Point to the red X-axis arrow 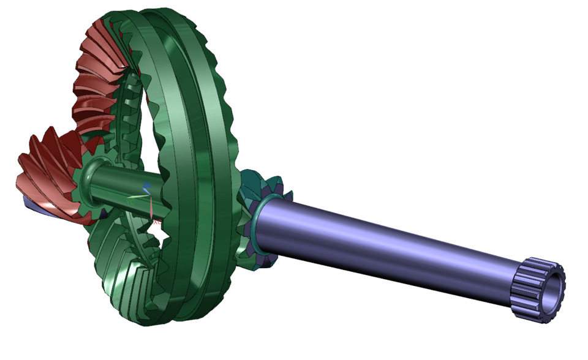pyautogui.click(x=151, y=208)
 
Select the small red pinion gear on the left pyautogui.click(x=46, y=174)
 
